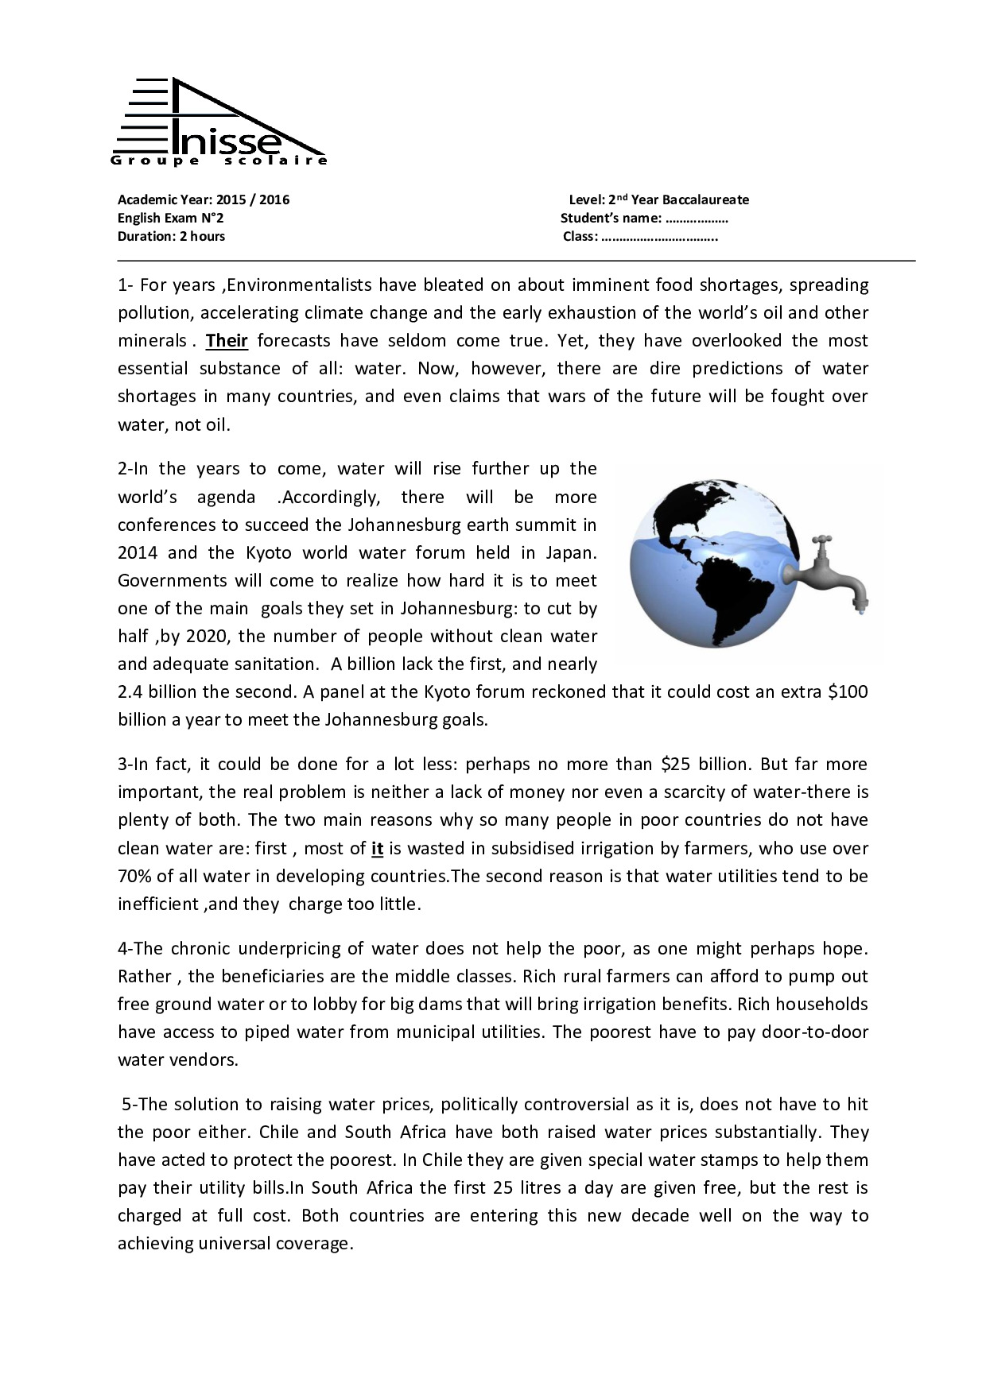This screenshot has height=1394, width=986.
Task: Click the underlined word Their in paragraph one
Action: click(227, 341)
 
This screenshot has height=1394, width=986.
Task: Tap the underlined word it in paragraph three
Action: click(377, 848)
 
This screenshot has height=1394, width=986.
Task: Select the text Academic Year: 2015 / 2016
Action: click(204, 199)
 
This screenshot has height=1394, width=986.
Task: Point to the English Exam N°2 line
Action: click(170, 218)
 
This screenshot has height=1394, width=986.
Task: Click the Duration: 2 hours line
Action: click(171, 236)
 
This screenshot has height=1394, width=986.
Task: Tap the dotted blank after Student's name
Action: click(697, 219)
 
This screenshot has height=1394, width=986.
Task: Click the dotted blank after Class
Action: click(659, 237)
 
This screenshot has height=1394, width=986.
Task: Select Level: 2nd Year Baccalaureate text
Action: click(658, 199)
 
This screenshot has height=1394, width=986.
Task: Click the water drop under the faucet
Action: click(857, 613)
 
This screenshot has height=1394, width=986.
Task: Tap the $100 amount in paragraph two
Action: click(848, 691)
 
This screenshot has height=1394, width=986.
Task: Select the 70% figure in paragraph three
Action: click(134, 877)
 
